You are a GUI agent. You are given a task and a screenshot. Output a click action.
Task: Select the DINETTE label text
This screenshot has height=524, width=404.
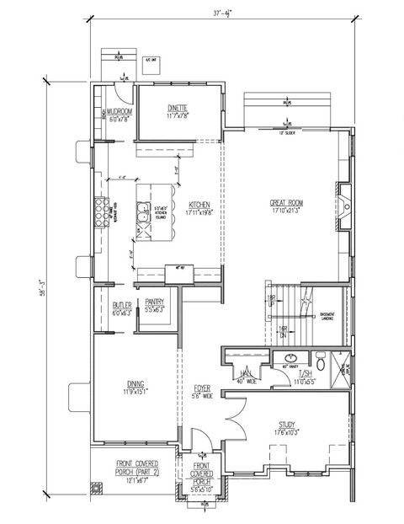click(x=177, y=107)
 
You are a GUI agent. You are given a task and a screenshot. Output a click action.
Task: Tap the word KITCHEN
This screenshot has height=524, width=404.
click(x=199, y=205)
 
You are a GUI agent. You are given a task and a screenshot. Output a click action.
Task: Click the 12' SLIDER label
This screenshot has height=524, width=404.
click(x=285, y=131)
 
